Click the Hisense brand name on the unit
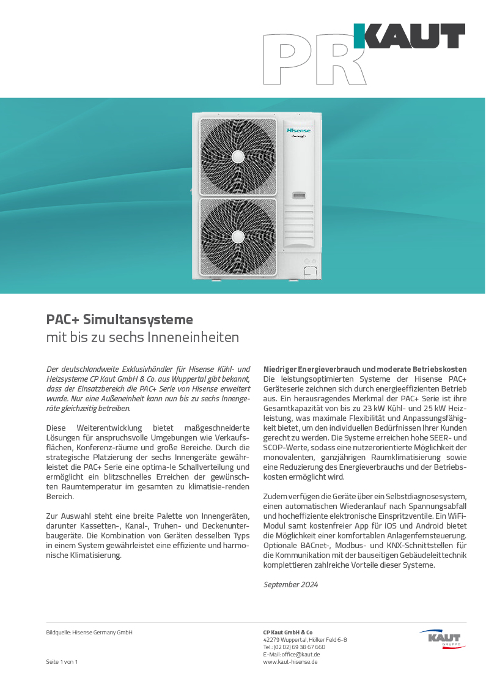[x=299, y=130]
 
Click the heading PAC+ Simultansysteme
[x=120, y=319]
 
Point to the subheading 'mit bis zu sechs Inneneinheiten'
[x=142, y=337]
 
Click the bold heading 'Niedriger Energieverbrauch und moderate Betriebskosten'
[x=365, y=369]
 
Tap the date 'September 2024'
[x=290, y=585]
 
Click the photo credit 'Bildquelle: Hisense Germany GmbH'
[x=89, y=633]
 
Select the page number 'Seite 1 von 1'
[x=62, y=662]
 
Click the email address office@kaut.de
[x=292, y=655]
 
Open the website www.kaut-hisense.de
[x=290, y=662]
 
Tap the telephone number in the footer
[x=294, y=647]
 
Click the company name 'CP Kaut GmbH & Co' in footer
[x=288, y=633]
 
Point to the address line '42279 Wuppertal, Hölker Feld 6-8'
[x=305, y=640]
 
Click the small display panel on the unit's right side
[x=299, y=196]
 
